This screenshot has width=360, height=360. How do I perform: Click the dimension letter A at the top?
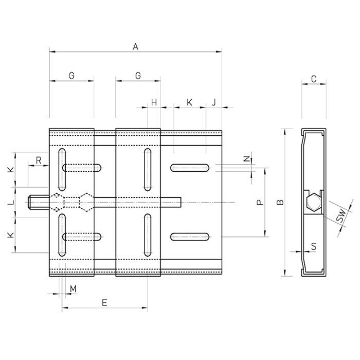136,47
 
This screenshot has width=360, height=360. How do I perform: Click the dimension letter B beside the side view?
281,202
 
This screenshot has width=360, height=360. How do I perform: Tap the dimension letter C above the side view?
314,79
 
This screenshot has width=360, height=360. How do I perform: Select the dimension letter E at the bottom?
104,302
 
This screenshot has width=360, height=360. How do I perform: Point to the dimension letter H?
154,102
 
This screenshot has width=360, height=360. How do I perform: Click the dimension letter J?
214,102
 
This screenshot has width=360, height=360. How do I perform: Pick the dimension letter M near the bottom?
73,289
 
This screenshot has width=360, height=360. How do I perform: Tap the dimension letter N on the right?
246,158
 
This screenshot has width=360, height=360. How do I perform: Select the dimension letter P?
260,203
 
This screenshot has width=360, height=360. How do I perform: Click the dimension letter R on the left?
39,160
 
